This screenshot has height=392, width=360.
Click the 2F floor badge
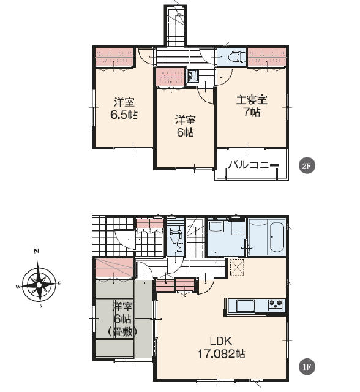pos(307,165)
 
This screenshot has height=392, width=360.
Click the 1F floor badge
pos(307,367)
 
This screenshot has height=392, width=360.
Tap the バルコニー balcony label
pos(253,165)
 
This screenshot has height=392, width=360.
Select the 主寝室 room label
pos(252,100)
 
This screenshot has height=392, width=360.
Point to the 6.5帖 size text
pos(124,115)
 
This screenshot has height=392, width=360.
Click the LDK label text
pos(222,341)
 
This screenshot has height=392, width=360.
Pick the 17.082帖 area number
pos(222,354)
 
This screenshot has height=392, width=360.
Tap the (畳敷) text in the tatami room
pos(122,332)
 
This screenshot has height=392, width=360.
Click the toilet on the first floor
pos(175,235)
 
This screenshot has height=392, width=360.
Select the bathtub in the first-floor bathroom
pos(276,237)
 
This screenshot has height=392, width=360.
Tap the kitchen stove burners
pos(276,305)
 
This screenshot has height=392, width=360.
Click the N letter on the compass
pos(37,251)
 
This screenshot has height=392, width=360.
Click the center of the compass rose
pos(39,285)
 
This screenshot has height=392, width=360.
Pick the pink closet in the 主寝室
pos(267,57)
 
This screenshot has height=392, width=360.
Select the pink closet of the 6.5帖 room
pos(114,57)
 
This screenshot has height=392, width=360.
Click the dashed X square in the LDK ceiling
pos(236,267)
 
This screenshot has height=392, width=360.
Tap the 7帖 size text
pos(252,112)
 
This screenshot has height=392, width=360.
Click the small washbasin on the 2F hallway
pos(192,75)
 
